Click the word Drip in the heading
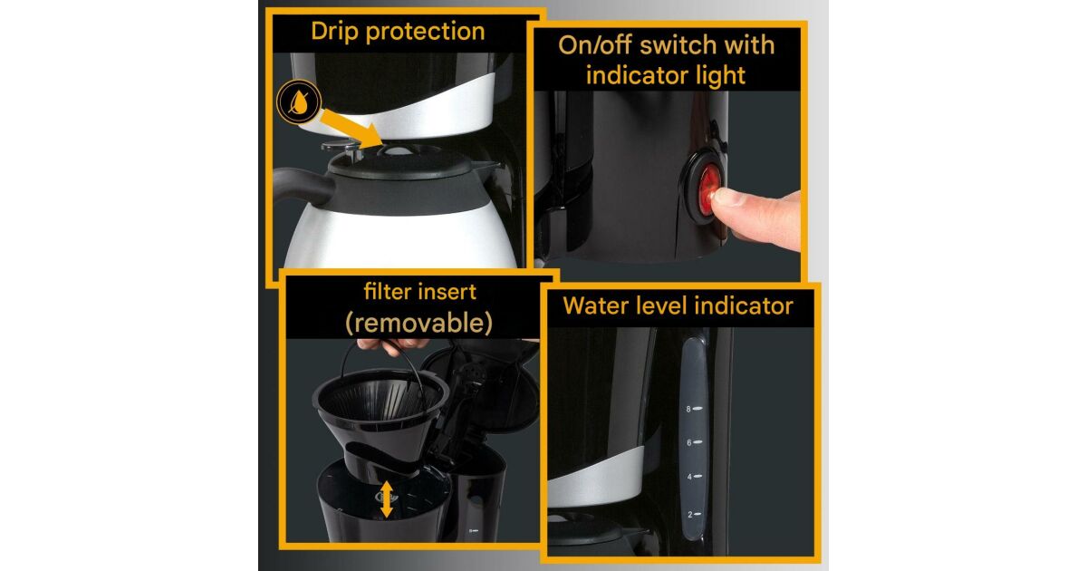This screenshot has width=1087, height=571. [335, 32]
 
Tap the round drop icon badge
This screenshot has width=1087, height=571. [299, 102]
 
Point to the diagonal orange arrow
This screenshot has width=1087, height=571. [351, 128]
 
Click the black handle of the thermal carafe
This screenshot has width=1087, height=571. [303, 185]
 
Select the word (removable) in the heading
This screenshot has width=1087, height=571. [418, 323]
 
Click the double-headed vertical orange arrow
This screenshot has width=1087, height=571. [386, 499]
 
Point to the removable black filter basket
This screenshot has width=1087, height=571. [380, 418]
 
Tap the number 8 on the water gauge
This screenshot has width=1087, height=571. [688, 410]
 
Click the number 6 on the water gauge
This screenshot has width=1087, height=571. [688, 443]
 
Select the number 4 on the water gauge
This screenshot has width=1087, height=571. [689, 477]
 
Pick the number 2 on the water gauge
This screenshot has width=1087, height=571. [689, 515]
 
